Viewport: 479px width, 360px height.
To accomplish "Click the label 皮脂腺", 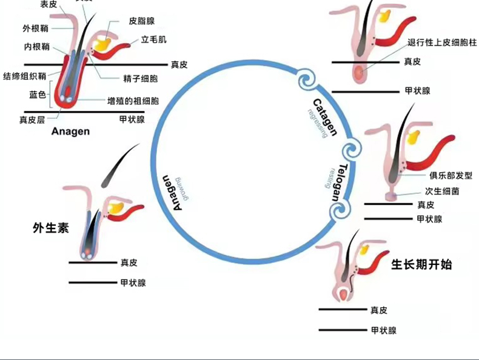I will coord(142,21).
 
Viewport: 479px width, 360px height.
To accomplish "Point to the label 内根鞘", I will coord(37,47).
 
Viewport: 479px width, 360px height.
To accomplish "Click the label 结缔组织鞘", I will coord(24,76).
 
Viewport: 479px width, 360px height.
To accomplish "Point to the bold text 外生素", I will coord(50,228).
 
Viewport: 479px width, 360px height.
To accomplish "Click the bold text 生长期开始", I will coord(421,265).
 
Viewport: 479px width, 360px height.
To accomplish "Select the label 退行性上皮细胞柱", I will coord(440,42).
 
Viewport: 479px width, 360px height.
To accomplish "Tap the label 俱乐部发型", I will coord(451,176).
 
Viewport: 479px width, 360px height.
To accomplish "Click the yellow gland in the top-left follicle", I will coord(102,44).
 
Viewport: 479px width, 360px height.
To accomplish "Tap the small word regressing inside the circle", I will coord(317,124).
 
